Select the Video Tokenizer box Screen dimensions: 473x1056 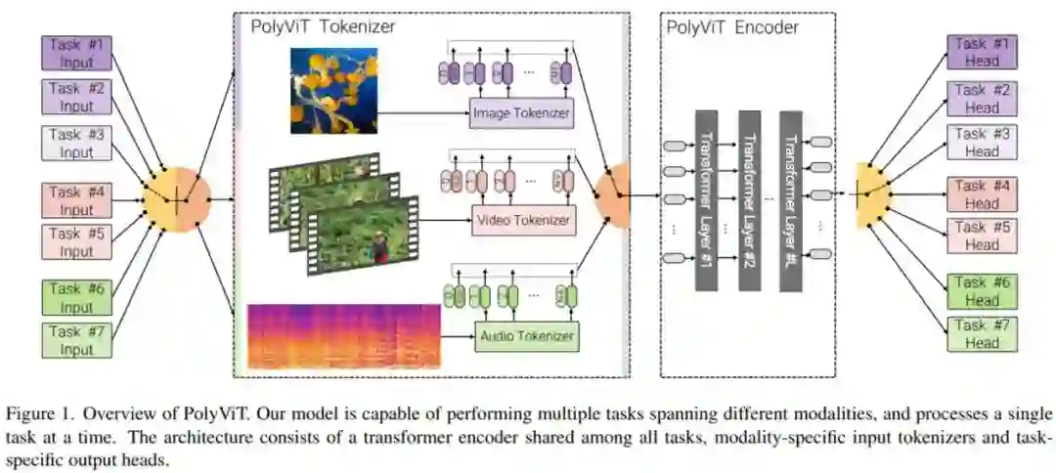pyautogui.click(x=523, y=220)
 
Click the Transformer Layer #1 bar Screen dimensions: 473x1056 pyautogui.click(x=706, y=199)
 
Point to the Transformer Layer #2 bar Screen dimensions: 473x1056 pyautogui.click(x=749, y=199)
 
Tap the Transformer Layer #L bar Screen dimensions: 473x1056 pyautogui.click(x=790, y=199)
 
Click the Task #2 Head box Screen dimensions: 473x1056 pyautogui.click(x=983, y=99)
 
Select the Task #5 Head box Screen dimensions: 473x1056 pyautogui.click(x=983, y=236)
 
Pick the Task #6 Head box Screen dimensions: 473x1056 pyautogui.click(x=983, y=291)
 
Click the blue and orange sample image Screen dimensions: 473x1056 pyautogui.click(x=333, y=91)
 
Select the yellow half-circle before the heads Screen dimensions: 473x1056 pyautogui.click(x=869, y=195)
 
